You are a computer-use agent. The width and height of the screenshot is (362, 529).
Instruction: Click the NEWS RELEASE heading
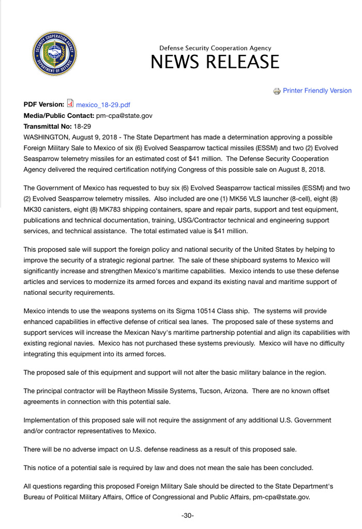215,62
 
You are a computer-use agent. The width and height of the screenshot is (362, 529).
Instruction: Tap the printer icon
277,91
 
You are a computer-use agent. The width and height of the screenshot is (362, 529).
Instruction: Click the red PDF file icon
71,103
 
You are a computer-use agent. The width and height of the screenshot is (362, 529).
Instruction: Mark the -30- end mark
188,516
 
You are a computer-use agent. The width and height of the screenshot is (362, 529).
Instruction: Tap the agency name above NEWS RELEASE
215,48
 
